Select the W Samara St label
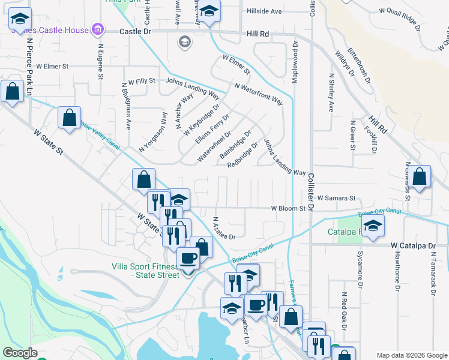click(337, 197)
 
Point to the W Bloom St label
click(288, 208)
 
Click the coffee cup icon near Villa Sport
click(188, 258)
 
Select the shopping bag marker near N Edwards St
click(421, 176)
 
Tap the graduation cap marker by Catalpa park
click(373, 226)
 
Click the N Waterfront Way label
click(258, 94)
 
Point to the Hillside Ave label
click(264, 11)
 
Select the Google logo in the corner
click(20, 353)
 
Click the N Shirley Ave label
click(330, 93)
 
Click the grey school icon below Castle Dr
click(184, 42)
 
